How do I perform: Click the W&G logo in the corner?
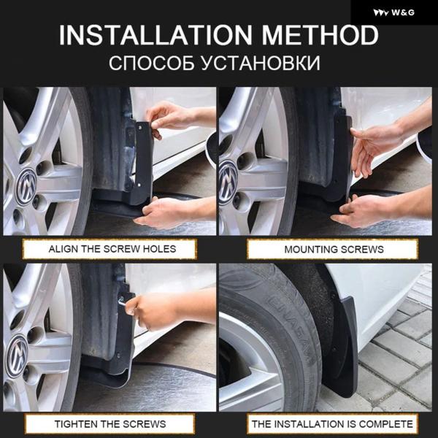(x=393, y=12)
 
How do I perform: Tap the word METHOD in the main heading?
(x=320, y=35)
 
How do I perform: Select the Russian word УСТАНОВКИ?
(x=261, y=63)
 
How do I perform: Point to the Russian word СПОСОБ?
(x=151, y=63)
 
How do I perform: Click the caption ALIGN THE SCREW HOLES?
(x=112, y=249)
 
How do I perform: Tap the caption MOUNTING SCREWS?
(x=334, y=249)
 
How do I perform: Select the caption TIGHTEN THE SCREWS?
(x=110, y=423)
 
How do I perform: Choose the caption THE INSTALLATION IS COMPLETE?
(x=332, y=423)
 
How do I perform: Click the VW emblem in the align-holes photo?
(x=26, y=187)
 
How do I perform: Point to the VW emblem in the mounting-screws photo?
(x=228, y=182)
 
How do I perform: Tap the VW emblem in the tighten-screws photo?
(x=17, y=356)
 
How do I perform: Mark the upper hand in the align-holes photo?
(x=168, y=118)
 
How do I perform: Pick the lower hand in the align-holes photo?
(x=165, y=212)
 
